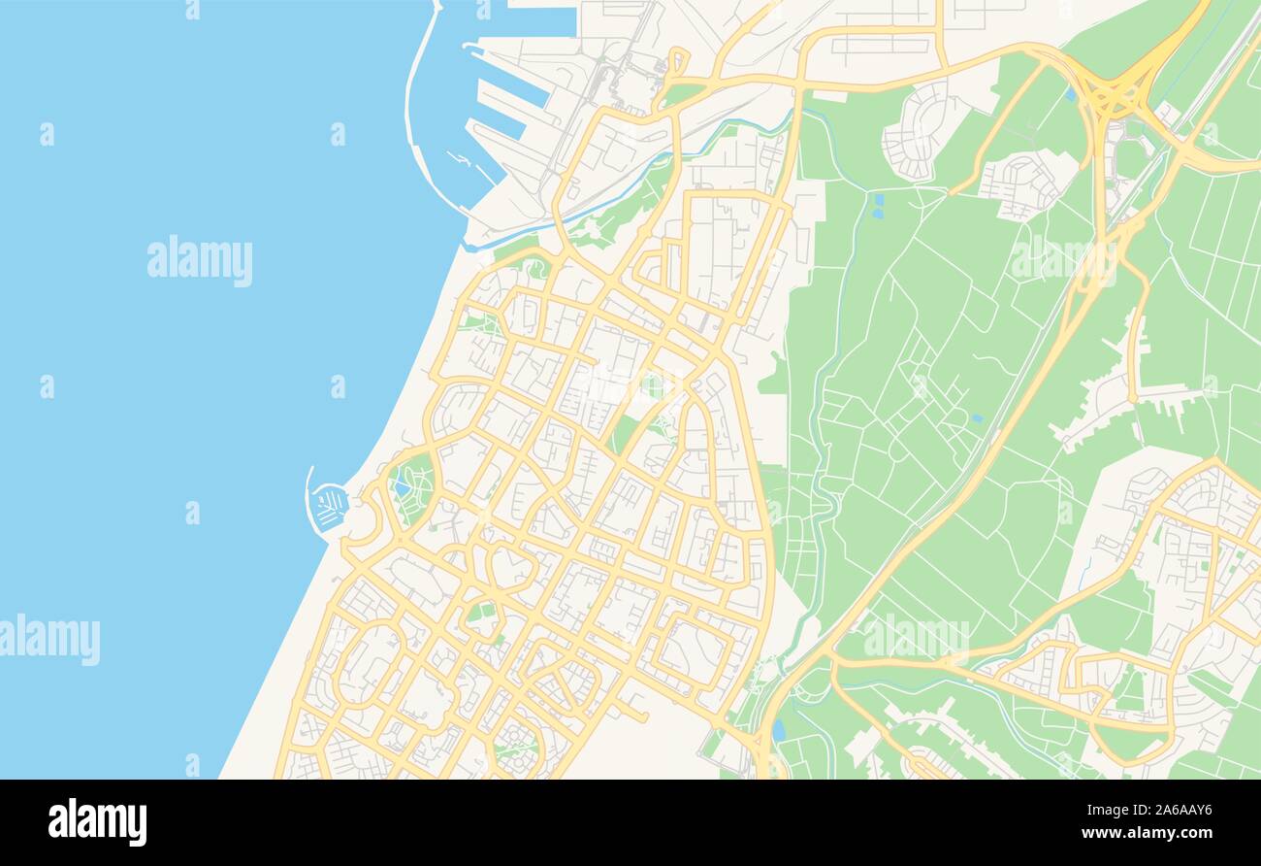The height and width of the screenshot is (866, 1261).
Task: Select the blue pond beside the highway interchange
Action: coord(1070,94)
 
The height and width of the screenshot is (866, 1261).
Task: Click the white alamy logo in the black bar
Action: coord(97,821)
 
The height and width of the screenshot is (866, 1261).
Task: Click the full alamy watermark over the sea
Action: coord(200,260)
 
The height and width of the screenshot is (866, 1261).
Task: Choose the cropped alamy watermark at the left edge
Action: coord(48,640)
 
